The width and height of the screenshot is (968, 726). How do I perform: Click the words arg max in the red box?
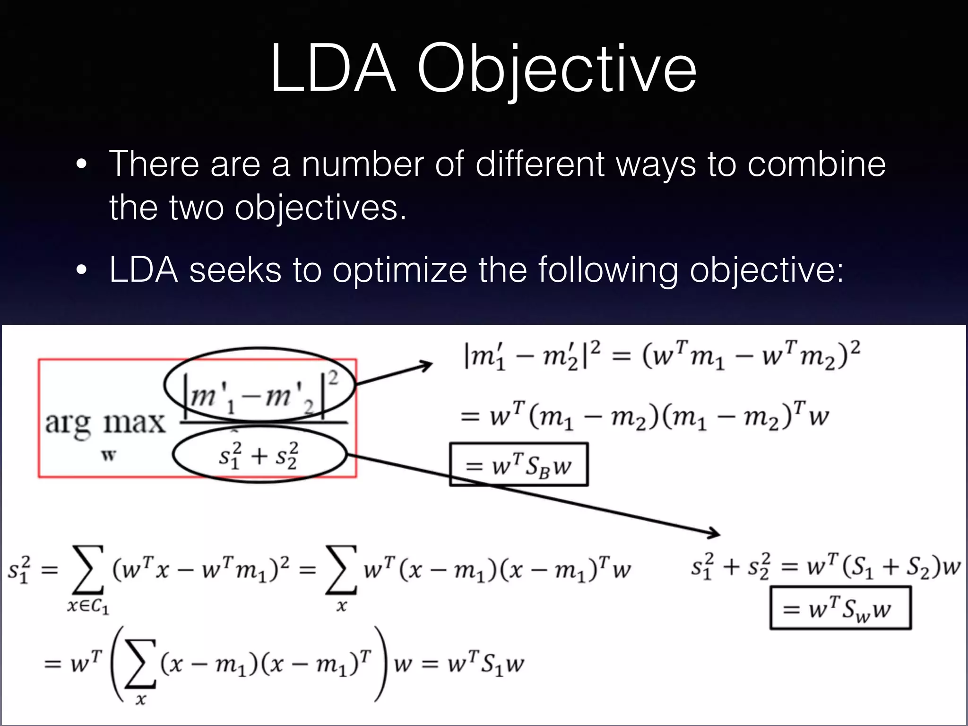(x=105, y=422)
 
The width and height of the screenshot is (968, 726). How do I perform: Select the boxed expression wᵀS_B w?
(x=519, y=465)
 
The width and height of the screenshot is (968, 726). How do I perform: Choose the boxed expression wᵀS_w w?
(x=840, y=608)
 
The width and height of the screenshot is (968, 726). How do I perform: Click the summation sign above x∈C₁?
(x=88, y=569)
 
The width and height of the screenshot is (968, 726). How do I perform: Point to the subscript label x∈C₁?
(x=88, y=606)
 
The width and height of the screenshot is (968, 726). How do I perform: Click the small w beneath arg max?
(x=109, y=456)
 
